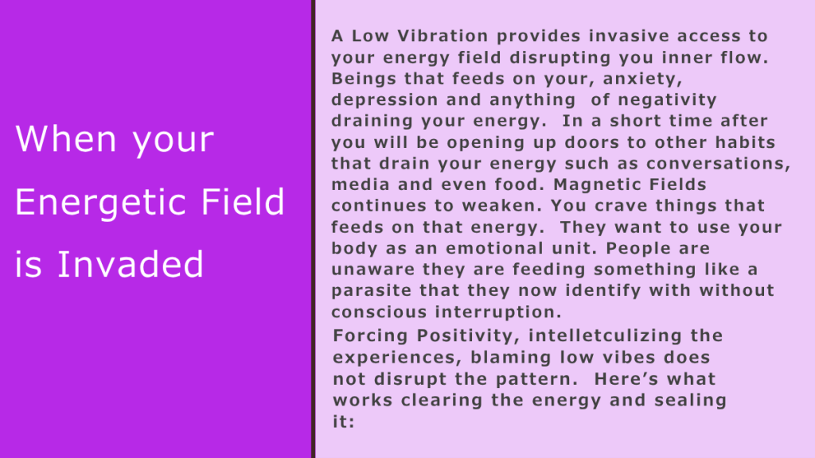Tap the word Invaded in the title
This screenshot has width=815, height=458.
pyautogui.click(x=130, y=264)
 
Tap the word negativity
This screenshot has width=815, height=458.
pyautogui.click(x=668, y=100)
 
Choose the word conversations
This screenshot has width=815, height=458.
pyautogui.click(x=719, y=164)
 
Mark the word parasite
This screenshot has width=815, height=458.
pyautogui.click(x=372, y=290)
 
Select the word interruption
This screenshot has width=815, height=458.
pyautogui.click(x=498, y=312)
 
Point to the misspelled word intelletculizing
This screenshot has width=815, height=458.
pyautogui.click(x=605, y=336)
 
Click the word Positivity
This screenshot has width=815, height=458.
pyautogui.click(x=468, y=336)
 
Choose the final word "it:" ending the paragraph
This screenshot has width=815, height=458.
pyautogui.click(x=344, y=421)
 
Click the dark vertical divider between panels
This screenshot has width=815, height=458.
pyautogui.click(x=314, y=229)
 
